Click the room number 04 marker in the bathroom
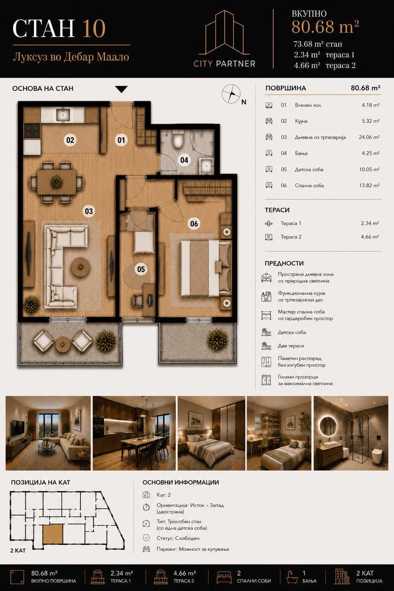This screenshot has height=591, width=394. [184, 160]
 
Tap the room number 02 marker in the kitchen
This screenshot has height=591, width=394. [70, 140]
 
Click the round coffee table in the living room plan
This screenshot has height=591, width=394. [80, 267]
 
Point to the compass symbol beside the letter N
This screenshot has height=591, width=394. [231, 93]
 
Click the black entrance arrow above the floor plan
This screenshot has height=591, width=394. [121, 89]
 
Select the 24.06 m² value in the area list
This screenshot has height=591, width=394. [369, 137]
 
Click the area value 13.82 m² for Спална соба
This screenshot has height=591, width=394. [369, 185]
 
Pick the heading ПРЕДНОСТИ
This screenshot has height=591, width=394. [284, 263]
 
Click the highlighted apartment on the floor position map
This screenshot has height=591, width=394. [53, 534]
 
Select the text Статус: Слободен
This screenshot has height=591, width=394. [178, 538]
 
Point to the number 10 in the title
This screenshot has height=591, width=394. [94, 28]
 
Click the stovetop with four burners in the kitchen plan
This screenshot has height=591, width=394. [32, 131]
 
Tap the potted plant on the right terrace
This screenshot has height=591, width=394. [217, 339]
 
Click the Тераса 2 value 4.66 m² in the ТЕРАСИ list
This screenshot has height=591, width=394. [370, 237]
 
